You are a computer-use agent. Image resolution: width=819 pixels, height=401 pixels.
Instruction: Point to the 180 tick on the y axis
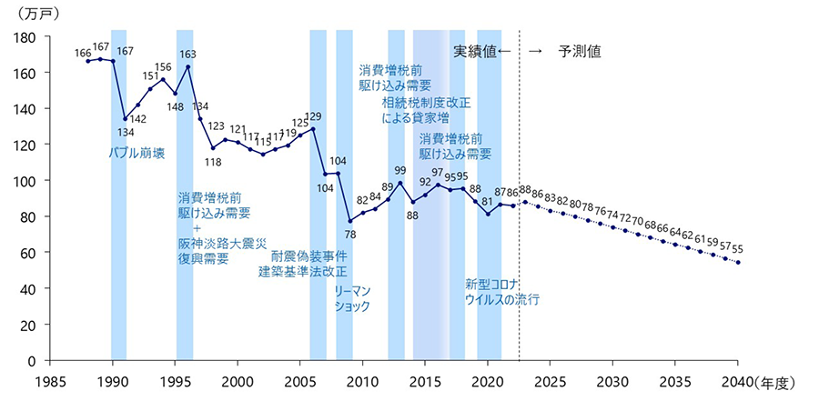click(25, 37)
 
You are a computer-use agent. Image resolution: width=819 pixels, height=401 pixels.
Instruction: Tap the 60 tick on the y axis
click(28, 253)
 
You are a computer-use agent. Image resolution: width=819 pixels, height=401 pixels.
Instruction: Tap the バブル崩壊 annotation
click(136, 153)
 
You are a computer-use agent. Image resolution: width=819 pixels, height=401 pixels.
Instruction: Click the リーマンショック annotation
click(353, 298)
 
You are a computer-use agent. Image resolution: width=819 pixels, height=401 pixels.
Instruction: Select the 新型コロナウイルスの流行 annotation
click(502, 291)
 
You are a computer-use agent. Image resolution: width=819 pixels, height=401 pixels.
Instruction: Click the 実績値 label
click(475, 51)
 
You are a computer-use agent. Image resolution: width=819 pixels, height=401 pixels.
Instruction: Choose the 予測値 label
click(580, 51)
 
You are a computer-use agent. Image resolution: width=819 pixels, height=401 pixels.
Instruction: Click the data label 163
click(187, 55)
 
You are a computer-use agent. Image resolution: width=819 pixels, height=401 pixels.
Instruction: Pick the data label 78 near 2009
click(350, 235)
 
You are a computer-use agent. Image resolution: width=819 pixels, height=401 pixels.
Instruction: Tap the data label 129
click(313, 116)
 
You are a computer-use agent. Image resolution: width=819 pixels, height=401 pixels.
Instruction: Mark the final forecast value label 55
click(737, 247)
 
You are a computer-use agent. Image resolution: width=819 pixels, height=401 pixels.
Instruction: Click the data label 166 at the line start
click(83, 53)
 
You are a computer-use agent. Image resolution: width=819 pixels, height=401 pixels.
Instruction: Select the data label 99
click(400, 170)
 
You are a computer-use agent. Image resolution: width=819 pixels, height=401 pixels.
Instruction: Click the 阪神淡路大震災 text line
click(221, 243)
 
